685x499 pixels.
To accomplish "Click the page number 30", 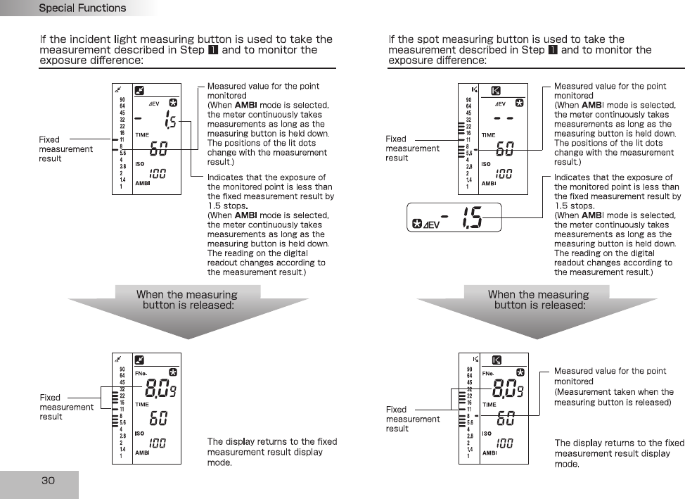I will pos(48,481).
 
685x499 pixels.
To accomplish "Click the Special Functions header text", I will pos(82,8).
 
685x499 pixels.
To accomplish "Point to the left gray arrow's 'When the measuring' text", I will pos(186,295).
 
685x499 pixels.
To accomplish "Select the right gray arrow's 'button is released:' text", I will pos(539,305).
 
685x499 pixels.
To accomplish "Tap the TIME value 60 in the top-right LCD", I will pos(505,149).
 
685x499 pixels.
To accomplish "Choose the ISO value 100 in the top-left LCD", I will pos(158,173).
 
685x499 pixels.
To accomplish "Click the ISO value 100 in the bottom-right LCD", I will pos(504,443).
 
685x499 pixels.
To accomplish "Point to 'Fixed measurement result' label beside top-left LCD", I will pos(65,149).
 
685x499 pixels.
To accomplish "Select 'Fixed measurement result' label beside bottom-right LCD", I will pos(412,419).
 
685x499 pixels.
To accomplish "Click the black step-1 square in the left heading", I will pos(212,50).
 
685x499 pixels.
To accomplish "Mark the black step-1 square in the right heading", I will pos(553,50).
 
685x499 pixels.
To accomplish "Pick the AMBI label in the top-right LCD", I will pos(489,184).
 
